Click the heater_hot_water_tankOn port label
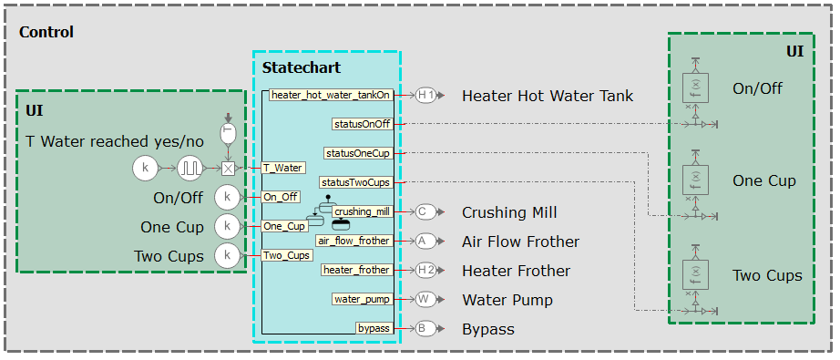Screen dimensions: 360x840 pos(332,95)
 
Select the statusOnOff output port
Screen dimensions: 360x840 pos(362,124)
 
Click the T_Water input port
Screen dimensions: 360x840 pos(282,168)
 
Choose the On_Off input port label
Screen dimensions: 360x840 pos(281,197)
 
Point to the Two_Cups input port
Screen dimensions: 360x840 pos(287,255)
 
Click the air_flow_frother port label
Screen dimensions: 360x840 pos(353,241)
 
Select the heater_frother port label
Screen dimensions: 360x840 pos(356,270)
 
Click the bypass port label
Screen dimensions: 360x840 pos(373,328)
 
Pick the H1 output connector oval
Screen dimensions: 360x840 pos(425,95)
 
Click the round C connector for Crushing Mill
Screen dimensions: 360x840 pos(425,211)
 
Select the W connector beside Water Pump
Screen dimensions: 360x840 pos(425,299)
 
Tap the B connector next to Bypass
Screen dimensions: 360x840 pos(425,328)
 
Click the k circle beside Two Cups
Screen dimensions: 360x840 pos(227,256)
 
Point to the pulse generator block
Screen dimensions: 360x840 pos(191,168)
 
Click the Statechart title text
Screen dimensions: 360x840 pos(301,67)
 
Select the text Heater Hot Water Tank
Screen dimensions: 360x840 pos(547,96)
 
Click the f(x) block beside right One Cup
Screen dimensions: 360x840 pos(695,180)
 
